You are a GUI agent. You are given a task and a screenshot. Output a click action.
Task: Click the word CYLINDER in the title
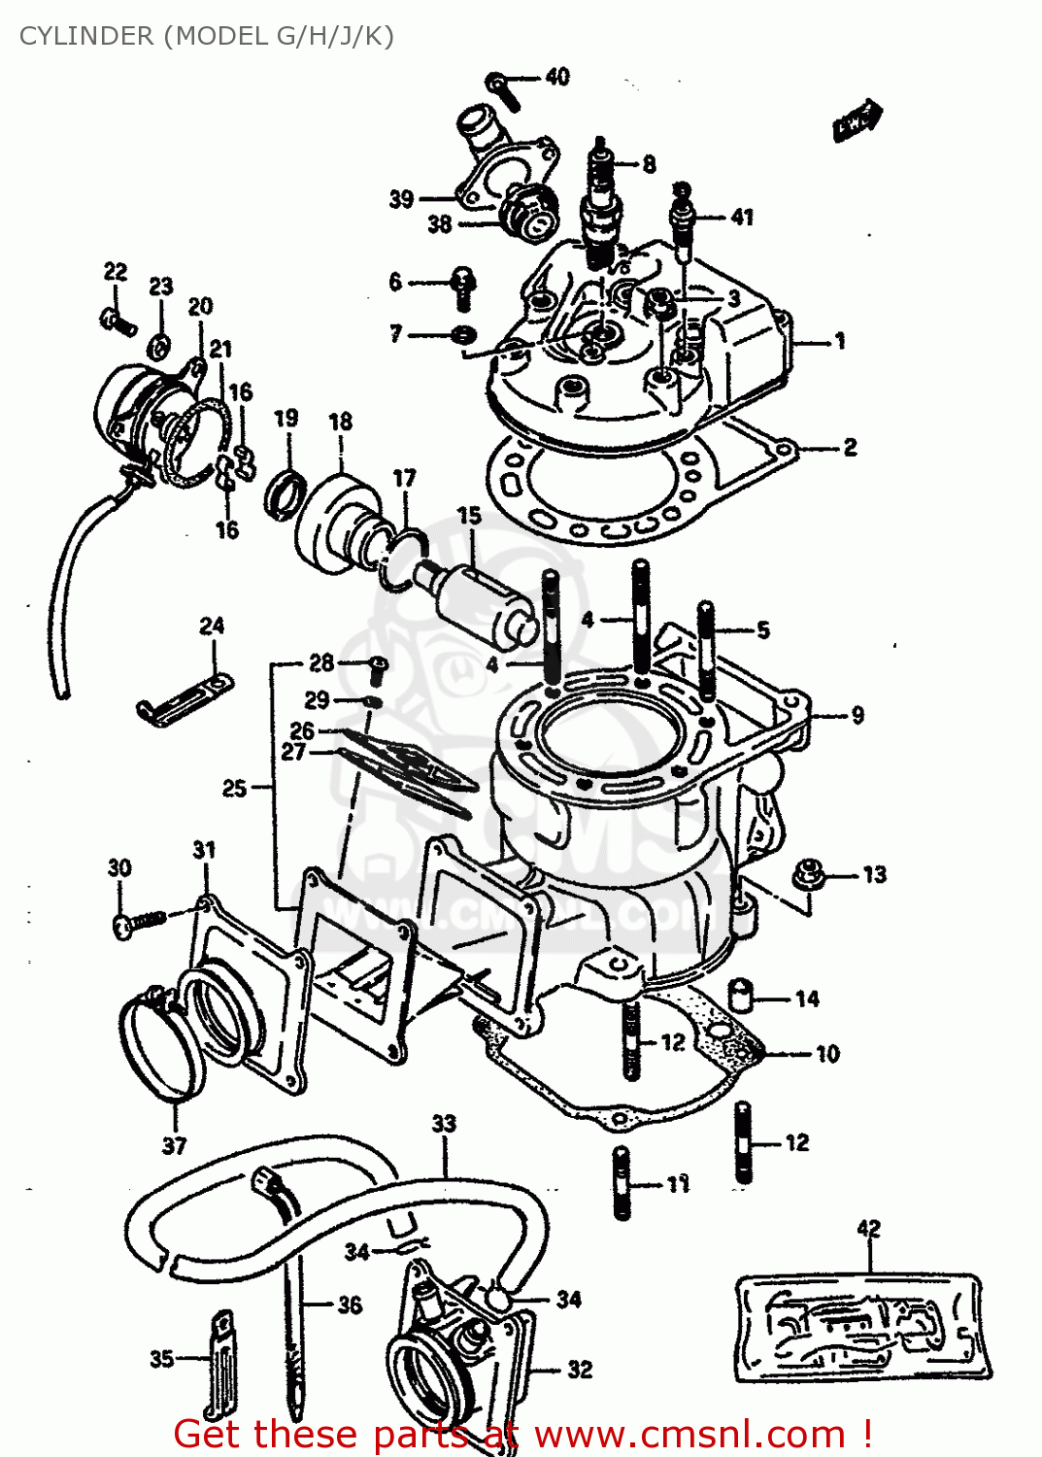86,36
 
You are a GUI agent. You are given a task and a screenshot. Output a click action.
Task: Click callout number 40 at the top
557,77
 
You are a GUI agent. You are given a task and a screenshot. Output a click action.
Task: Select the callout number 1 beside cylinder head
840,341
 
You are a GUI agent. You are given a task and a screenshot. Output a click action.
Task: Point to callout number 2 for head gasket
850,447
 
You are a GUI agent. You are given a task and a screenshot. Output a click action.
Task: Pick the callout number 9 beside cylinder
857,716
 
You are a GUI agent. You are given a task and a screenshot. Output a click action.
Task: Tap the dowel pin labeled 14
743,997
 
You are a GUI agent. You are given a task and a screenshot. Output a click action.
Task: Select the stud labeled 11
622,1183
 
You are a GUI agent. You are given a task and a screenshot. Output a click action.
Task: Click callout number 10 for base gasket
827,1054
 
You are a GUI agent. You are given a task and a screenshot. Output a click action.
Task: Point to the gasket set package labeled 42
862,1327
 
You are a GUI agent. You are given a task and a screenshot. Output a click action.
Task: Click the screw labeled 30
137,921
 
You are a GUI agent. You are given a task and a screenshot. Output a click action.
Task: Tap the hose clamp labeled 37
160,1054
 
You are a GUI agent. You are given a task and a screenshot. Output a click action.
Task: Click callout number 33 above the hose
444,1124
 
